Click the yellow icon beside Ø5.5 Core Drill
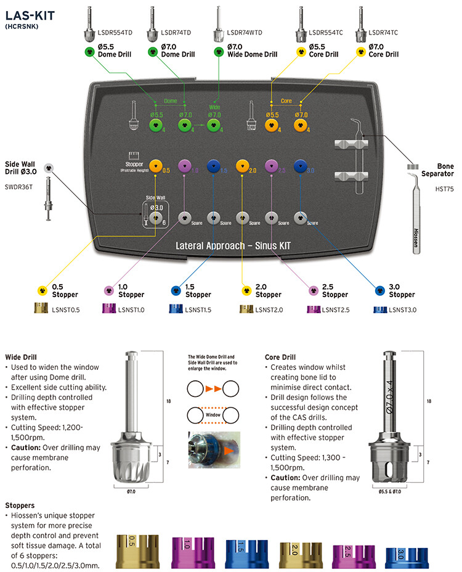(301, 51)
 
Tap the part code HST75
(444, 190)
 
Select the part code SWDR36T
(20, 186)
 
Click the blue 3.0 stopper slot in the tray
(301, 166)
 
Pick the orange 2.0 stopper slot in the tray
(242, 166)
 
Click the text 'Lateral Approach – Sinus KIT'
(233, 245)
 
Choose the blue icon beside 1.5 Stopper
(176, 290)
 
